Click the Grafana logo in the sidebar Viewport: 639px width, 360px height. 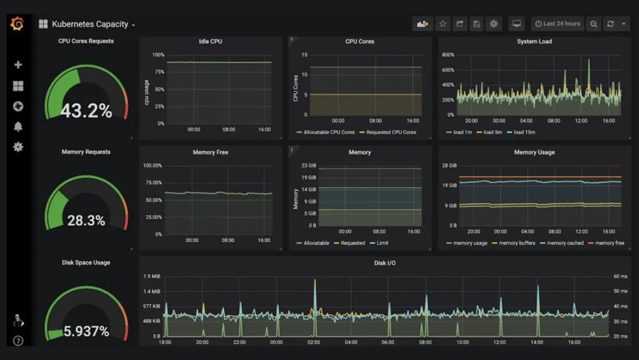[x=17, y=24]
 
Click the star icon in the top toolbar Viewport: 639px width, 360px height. [x=443, y=24]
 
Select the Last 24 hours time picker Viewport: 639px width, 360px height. [x=557, y=24]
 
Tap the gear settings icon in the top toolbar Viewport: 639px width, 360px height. [x=494, y=24]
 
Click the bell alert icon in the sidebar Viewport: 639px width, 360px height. [x=18, y=126]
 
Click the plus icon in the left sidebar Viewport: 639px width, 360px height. [x=18, y=65]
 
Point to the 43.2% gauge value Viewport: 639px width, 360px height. [x=86, y=111]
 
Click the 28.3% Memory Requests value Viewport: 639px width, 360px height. [x=86, y=221]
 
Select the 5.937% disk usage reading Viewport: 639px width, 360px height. [x=86, y=332]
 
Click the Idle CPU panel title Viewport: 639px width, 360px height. [x=211, y=41]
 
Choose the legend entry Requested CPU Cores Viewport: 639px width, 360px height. [x=391, y=132]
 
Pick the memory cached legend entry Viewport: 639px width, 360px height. [x=565, y=243]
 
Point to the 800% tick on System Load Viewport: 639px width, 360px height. [x=447, y=55]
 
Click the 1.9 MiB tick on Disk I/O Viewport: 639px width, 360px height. [x=151, y=277]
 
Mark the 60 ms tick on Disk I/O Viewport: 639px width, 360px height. [x=620, y=277]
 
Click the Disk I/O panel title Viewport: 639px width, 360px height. [x=385, y=263]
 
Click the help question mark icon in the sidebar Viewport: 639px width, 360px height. [x=18, y=340]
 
